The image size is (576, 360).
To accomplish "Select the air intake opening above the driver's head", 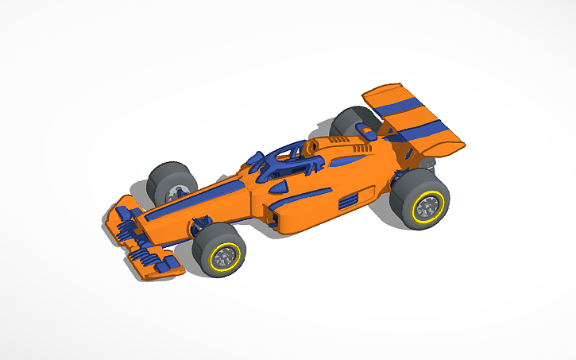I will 314,146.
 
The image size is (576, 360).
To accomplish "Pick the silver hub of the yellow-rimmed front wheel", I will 226,256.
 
